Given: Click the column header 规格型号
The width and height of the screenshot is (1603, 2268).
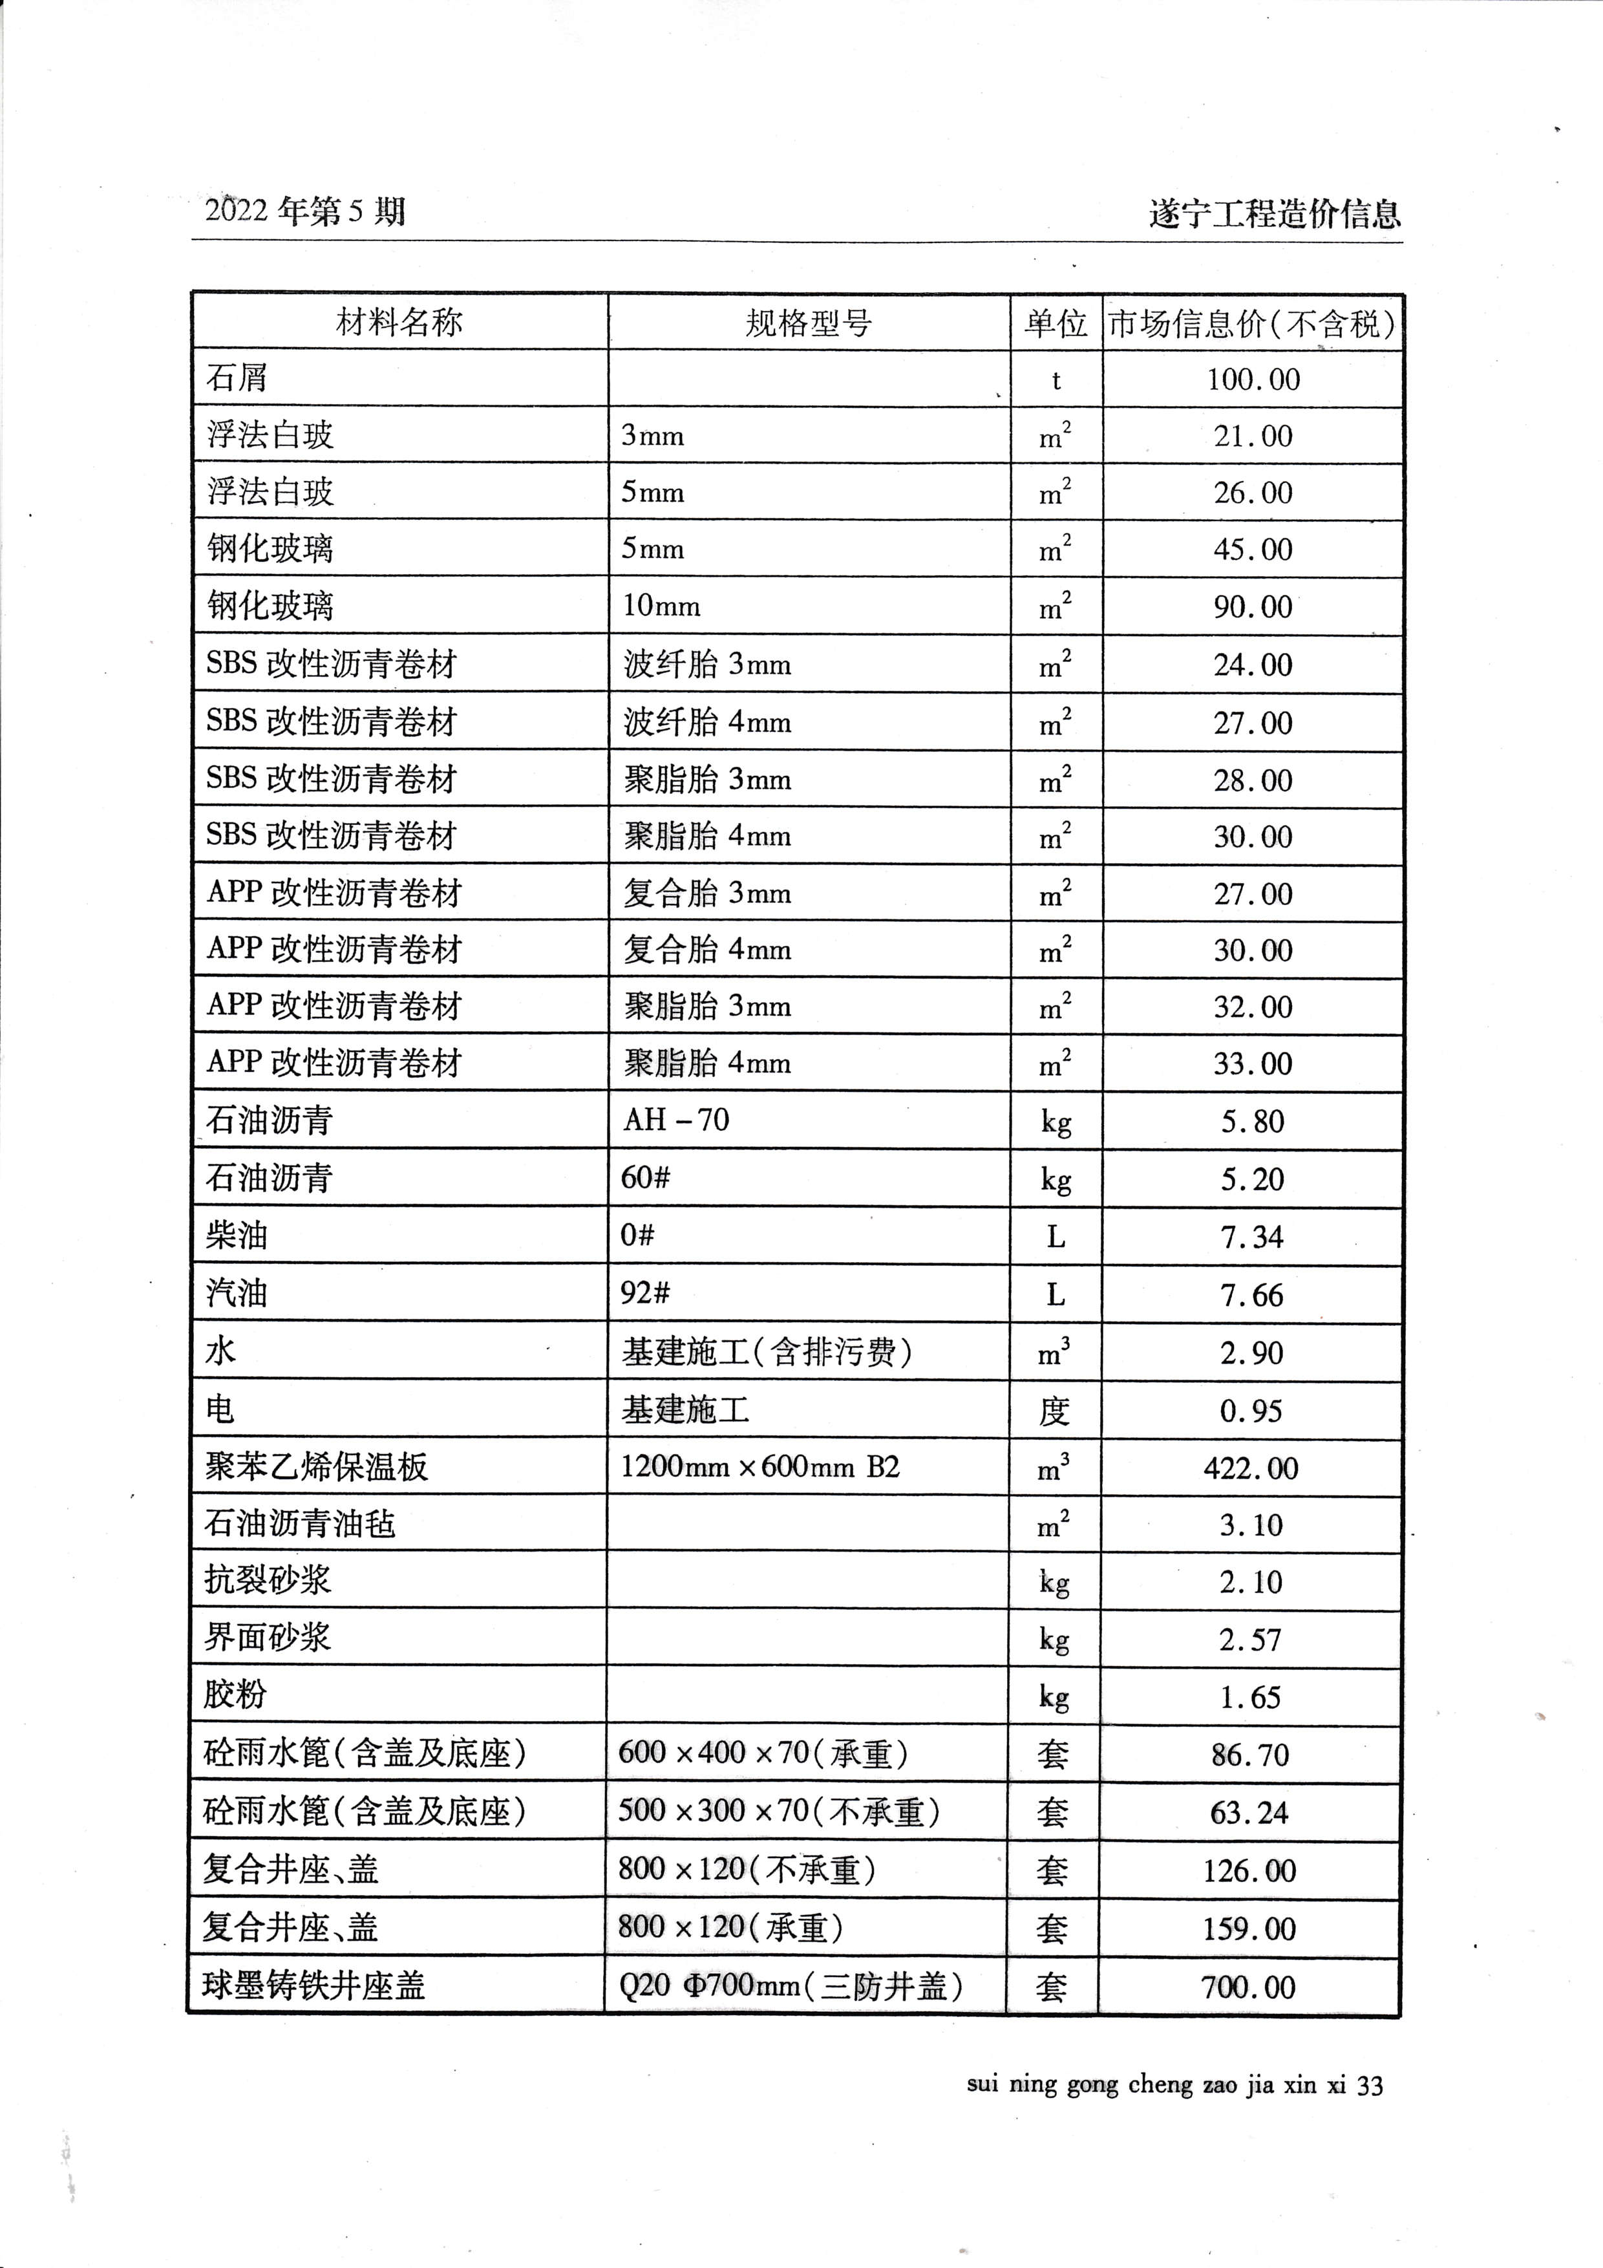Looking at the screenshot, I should point(808,323).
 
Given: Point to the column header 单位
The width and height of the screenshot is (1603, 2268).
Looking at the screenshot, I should point(1055,323).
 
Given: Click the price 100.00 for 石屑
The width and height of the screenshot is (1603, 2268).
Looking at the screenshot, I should point(1253,380).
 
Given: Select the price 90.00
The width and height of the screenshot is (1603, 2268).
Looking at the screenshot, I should point(1253,606).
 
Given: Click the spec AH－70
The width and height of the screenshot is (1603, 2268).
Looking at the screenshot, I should point(677,1120).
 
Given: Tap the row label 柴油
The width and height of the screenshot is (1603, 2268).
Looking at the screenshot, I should point(237,1236).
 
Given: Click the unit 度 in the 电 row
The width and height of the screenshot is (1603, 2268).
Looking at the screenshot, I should point(1054,1411).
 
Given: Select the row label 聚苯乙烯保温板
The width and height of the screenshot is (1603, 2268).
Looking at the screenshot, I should point(316,1467).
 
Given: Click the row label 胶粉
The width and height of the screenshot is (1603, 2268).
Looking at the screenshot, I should point(235,1695).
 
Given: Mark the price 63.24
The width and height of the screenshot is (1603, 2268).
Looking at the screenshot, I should point(1249,1813).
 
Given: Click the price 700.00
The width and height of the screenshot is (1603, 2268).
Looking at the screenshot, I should point(1248,1987).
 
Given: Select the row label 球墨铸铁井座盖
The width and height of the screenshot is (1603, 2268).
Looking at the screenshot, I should point(314,1985).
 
